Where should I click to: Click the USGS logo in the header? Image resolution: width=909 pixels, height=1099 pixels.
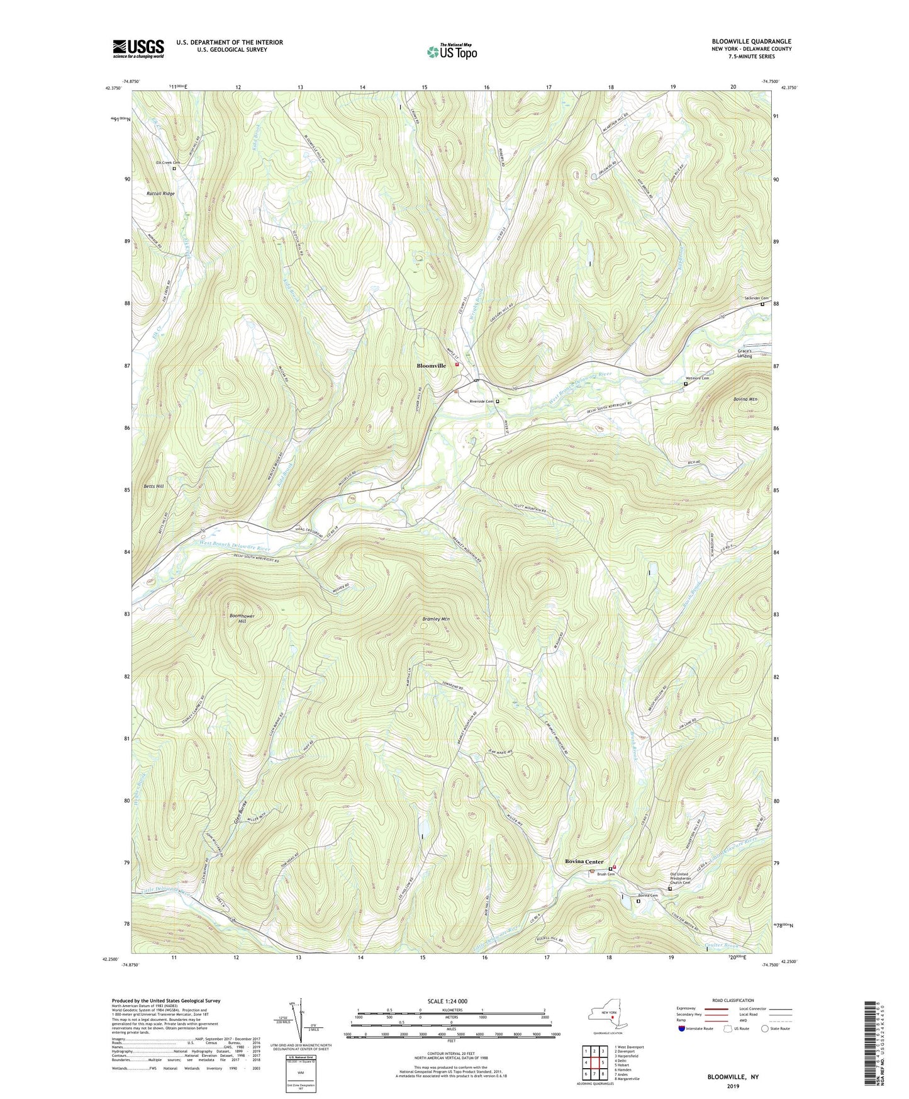[x=138, y=48]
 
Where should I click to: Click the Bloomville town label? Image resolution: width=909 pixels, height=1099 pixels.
[x=432, y=366]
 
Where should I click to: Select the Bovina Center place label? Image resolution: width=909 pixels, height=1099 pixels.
[x=584, y=861]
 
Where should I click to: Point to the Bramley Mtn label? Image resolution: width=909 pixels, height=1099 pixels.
[x=436, y=619]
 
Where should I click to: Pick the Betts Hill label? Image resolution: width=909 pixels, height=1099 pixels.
[x=153, y=487]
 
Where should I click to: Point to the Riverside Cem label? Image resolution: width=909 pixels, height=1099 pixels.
[x=481, y=401]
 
